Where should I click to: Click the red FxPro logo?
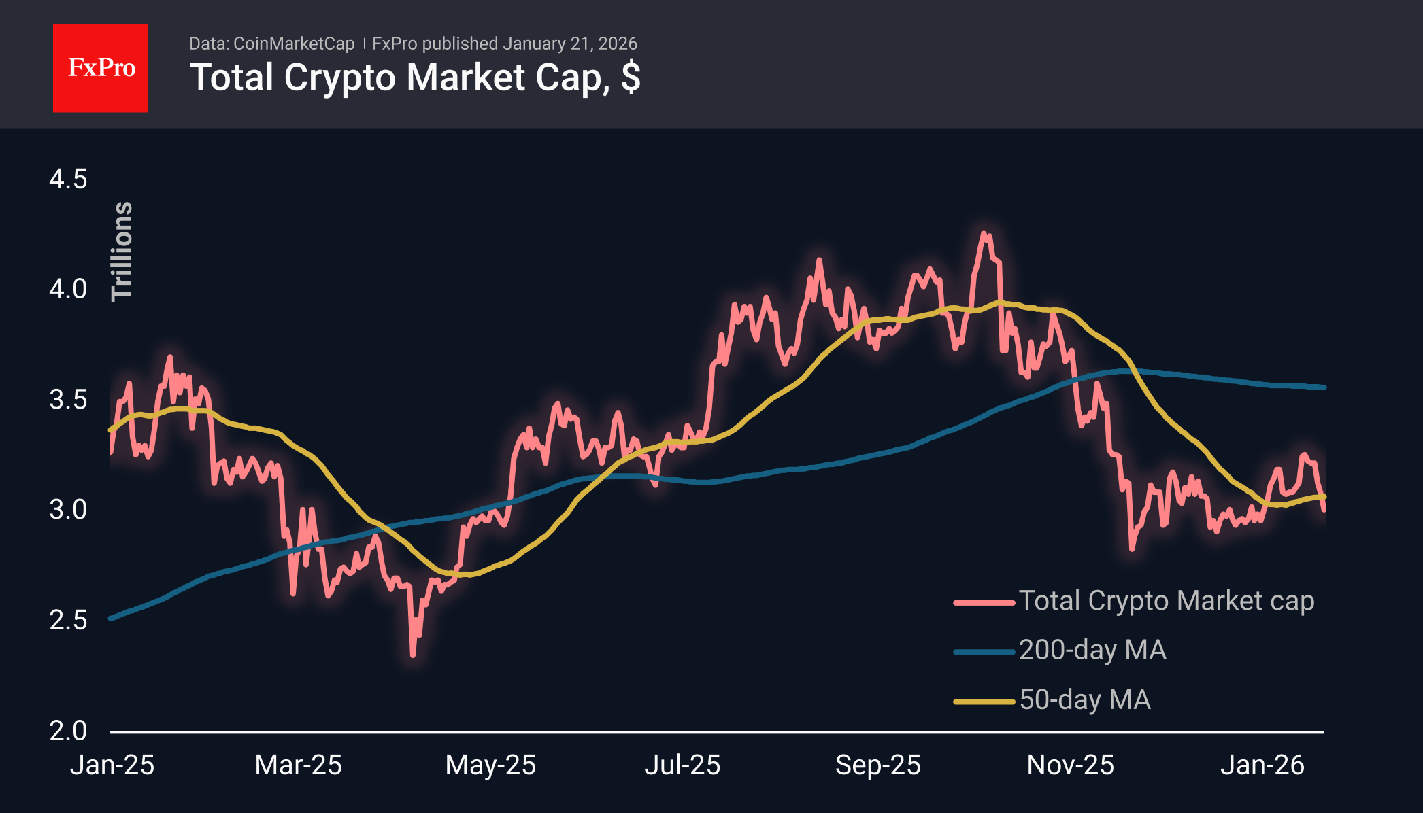(x=101, y=68)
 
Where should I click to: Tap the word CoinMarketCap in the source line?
(x=293, y=44)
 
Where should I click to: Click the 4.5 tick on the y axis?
(x=68, y=179)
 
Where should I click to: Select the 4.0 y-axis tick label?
(x=68, y=290)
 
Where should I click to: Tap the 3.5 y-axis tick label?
(x=68, y=400)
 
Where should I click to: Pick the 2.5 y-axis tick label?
(x=68, y=620)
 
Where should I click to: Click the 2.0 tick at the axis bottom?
(x=68, y=731)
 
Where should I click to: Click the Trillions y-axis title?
(x=122, y=251)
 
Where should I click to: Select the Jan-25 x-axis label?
(x=112, y=765)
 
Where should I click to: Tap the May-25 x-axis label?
(x=490, y=765)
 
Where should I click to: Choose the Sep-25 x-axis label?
(x=877, y=765)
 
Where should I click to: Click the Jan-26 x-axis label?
(x=1262, y=765)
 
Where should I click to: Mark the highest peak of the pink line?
(x=984, y=234)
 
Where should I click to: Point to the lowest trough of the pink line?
(x=413, y=655)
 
